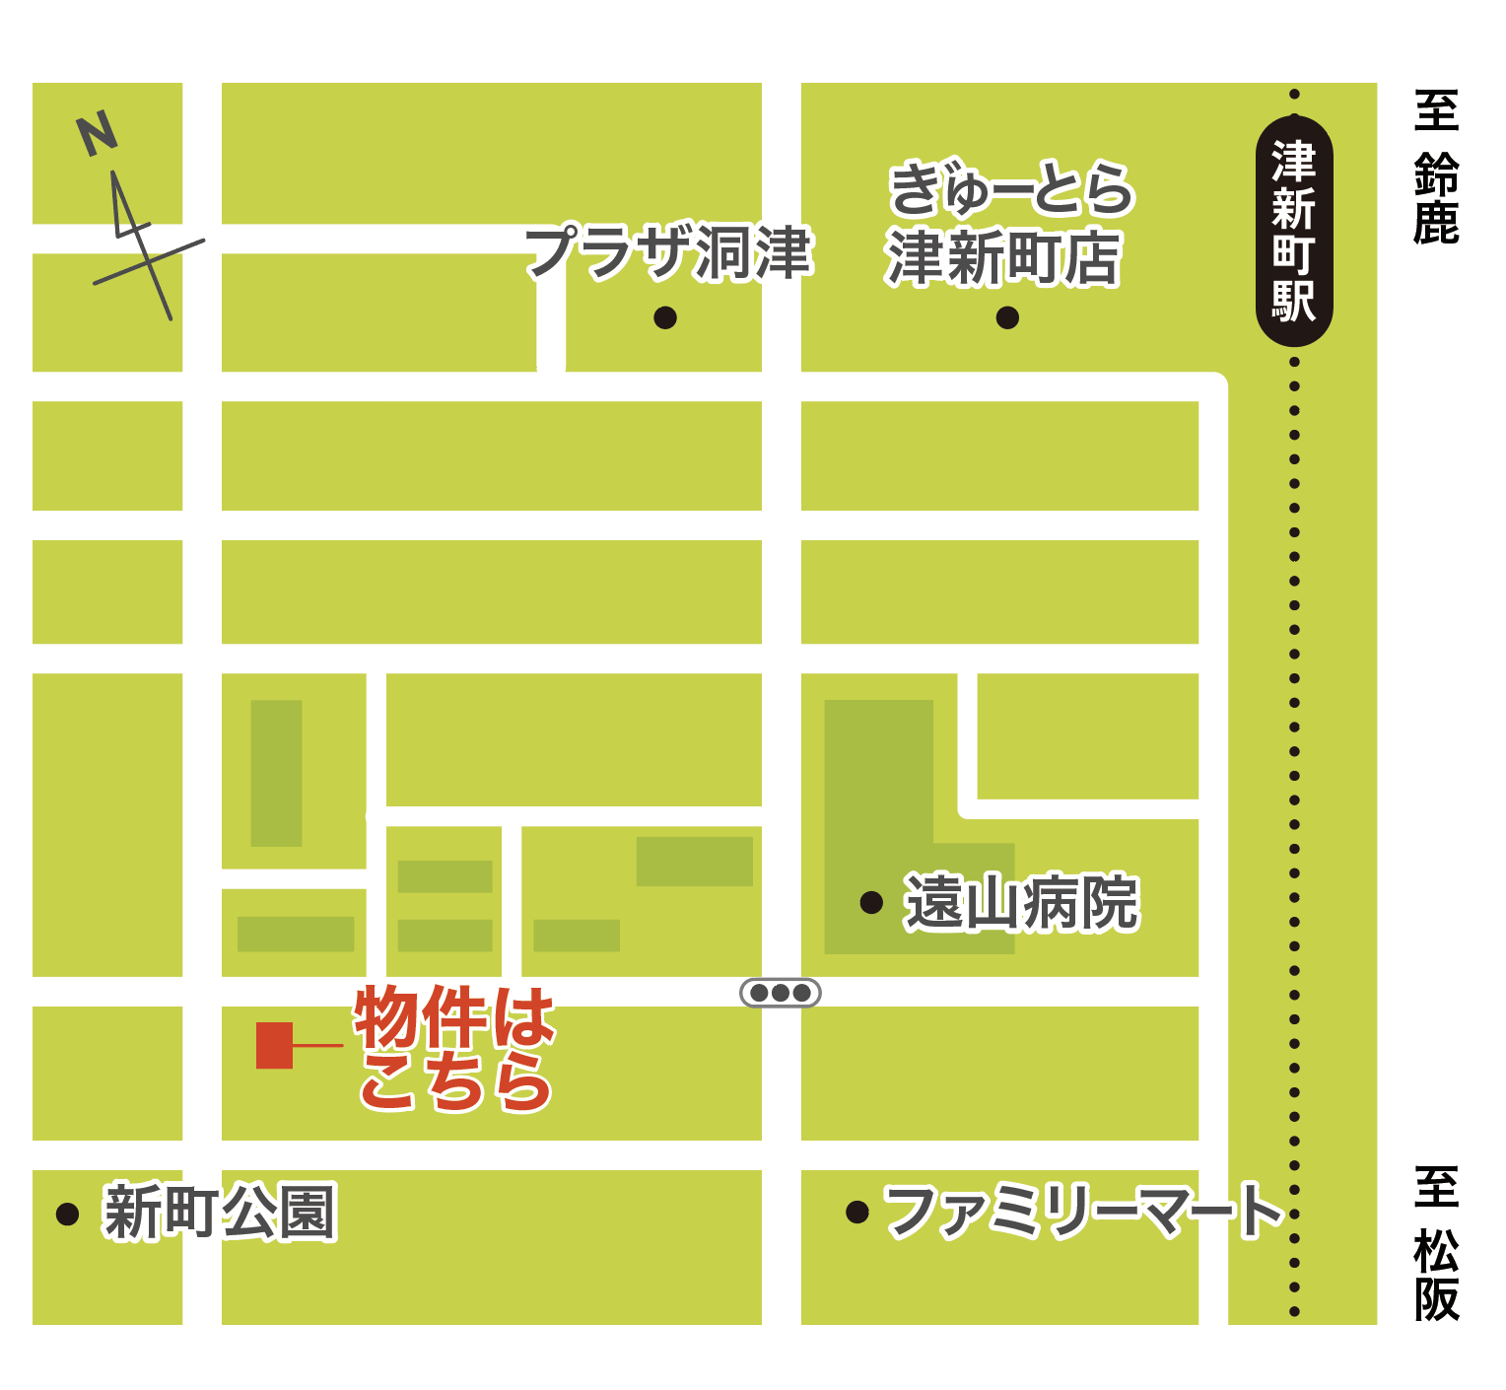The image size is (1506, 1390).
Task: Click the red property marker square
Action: (274, 1045)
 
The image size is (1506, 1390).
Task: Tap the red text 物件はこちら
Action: (455, 1049)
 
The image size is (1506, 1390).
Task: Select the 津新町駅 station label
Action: (1293, 233)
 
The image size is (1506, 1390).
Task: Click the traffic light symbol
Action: (781, 993)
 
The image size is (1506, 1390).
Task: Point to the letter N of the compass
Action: (97, 134)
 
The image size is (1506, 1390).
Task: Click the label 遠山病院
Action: (1021, 902)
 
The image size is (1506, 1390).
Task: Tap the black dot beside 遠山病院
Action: (871, 902)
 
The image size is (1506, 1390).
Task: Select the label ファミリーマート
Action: (1083, 1211)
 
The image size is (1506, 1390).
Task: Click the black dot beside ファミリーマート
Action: (857, 1212)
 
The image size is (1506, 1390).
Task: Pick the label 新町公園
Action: (219, 1212)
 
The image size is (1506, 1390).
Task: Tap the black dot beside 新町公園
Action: (67, 1213)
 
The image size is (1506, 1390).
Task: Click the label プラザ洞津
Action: (668, 252)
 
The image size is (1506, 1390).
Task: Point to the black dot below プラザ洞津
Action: (665, 317)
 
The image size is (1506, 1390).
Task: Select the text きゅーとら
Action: (1011, 189)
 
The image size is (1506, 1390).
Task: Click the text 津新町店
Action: (1003, 258)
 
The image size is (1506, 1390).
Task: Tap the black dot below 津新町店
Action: (1007, 317)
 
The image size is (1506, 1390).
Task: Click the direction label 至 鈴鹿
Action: (1436, 168)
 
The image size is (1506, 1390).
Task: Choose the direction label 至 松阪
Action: (1436, 1244)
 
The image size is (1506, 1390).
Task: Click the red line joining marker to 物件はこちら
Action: (317, 1045)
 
